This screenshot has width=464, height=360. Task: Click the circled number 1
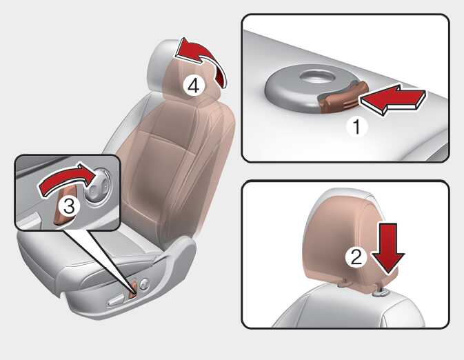pos(357,126)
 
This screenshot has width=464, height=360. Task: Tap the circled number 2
pos(356,257)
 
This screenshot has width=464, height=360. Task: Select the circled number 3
pos(69,206)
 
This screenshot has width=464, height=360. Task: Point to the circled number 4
pos(193,86)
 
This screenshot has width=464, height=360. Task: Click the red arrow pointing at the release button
pos(392,99)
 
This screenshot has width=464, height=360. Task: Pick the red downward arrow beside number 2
pos(388,249)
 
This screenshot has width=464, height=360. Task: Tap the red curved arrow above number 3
pos(68,180)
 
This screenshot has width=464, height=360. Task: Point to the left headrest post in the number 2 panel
pos(343,283)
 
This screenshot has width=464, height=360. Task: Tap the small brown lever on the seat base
pos(134,288)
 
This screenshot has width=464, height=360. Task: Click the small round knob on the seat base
pos(144,284)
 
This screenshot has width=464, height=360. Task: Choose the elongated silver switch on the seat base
pos(117,299)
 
